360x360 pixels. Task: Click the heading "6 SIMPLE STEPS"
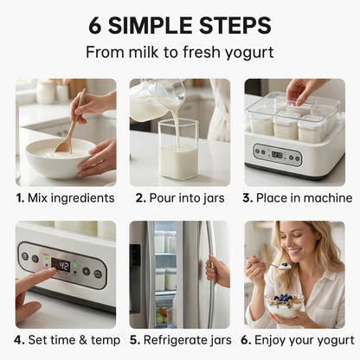coord(179,25)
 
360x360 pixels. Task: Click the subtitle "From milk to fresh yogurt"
coord(179,54)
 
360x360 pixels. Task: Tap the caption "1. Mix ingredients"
coord(65,197)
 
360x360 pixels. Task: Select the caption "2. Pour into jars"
coord(179,197)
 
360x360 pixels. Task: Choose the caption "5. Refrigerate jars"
coord(179,339)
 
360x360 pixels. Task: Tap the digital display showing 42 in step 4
coord(61,265)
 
